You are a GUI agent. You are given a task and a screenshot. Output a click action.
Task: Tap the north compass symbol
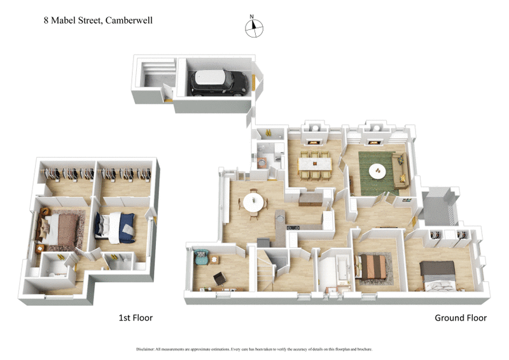(x=254, y=27)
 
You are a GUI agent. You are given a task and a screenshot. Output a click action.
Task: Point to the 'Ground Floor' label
(x=460, y=317)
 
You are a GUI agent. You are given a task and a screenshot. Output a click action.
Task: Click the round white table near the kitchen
(x=253, y=203)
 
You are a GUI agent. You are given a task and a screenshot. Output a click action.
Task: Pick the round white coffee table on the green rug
(x=378, y=170)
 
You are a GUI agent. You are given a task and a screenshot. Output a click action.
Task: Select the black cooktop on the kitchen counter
(x=294, y=228)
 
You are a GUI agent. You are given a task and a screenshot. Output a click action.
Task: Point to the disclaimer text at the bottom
(x=254, y=349)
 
